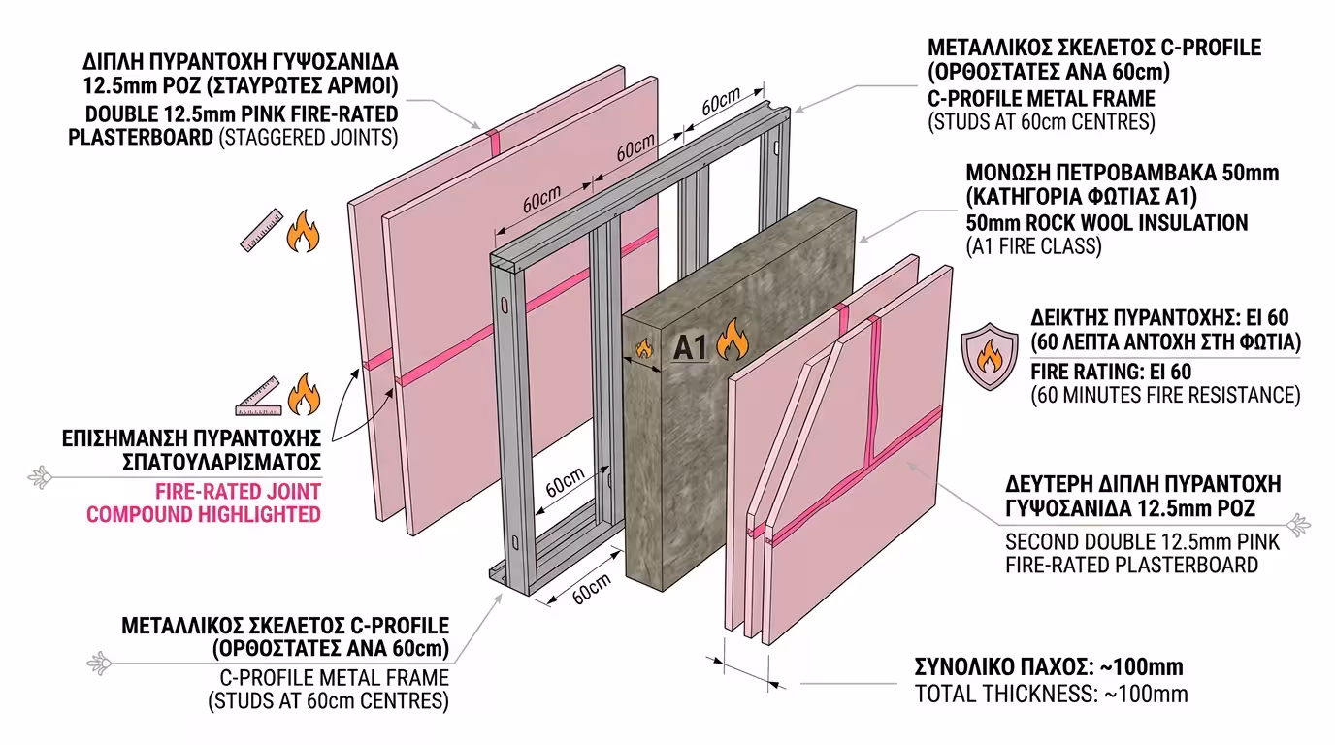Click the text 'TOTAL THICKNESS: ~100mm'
coord(1051,694)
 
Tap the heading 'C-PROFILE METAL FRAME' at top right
coord(1041,98)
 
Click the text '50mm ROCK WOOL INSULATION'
coord(1106,223)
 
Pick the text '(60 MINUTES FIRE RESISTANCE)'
coord(1164,395)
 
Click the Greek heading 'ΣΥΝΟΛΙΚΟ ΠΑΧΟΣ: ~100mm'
coord(1049,667)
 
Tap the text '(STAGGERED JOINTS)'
coord(309,137)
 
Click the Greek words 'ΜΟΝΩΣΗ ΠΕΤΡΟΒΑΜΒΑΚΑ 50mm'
coord(1122,174)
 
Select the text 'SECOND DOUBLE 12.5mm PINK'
coord(1142,541)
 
